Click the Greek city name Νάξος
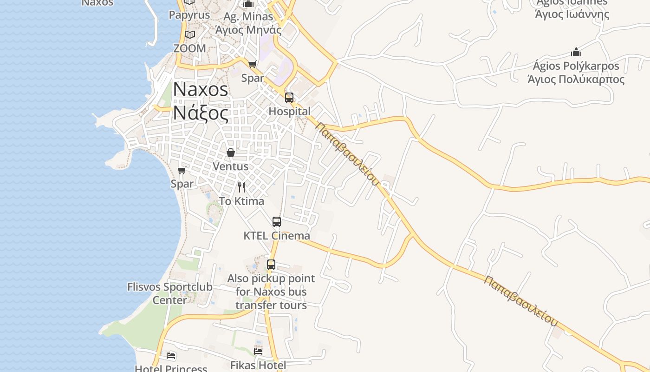201,113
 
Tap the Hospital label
289,112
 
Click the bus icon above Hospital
289,98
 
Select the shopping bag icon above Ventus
230,153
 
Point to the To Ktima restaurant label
241,201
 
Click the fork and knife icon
241,187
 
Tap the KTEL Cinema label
277,236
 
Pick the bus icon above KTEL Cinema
277,222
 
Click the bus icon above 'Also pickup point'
271,265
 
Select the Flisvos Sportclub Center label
170,293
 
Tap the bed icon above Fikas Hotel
258,351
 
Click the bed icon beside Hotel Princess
171,356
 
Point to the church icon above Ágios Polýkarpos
576,52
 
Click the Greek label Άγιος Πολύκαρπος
576,79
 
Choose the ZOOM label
189,48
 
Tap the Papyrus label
189,15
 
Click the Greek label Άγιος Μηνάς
248,30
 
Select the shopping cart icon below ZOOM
252,64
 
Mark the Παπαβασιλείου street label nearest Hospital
347,153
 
